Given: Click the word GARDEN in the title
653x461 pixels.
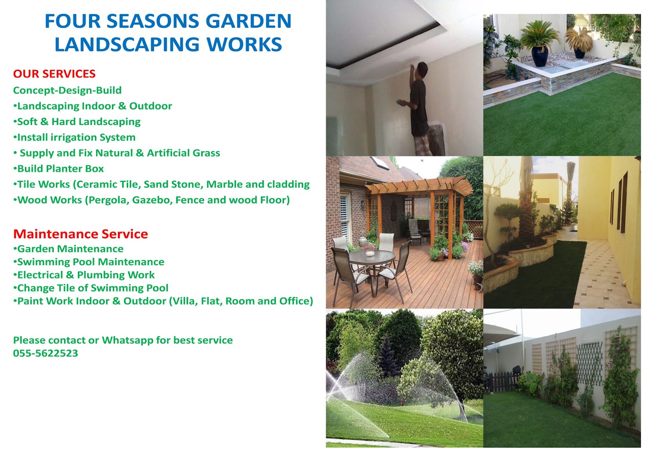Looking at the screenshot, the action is click(249, 21).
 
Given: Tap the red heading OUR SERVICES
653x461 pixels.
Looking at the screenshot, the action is click(54, 74).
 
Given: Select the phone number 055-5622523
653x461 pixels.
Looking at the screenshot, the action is click(45, 353).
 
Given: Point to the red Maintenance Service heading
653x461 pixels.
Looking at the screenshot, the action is click(80, 234).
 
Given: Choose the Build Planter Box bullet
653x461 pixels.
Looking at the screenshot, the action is click(59, 169).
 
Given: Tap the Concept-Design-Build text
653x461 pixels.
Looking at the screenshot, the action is click(67, 90).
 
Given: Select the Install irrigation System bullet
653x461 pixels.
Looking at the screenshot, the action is click(74, 137).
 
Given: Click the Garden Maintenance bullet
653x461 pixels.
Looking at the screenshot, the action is click(68, 249).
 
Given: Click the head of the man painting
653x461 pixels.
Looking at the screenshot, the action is click(422, 69).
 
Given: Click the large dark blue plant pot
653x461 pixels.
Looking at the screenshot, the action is click(539, 56).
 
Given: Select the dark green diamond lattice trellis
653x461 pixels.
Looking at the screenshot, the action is click(589, 364).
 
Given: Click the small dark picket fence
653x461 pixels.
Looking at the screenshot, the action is click(501, 381).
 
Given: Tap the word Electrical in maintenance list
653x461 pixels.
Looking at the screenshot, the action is click(40, 275).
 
